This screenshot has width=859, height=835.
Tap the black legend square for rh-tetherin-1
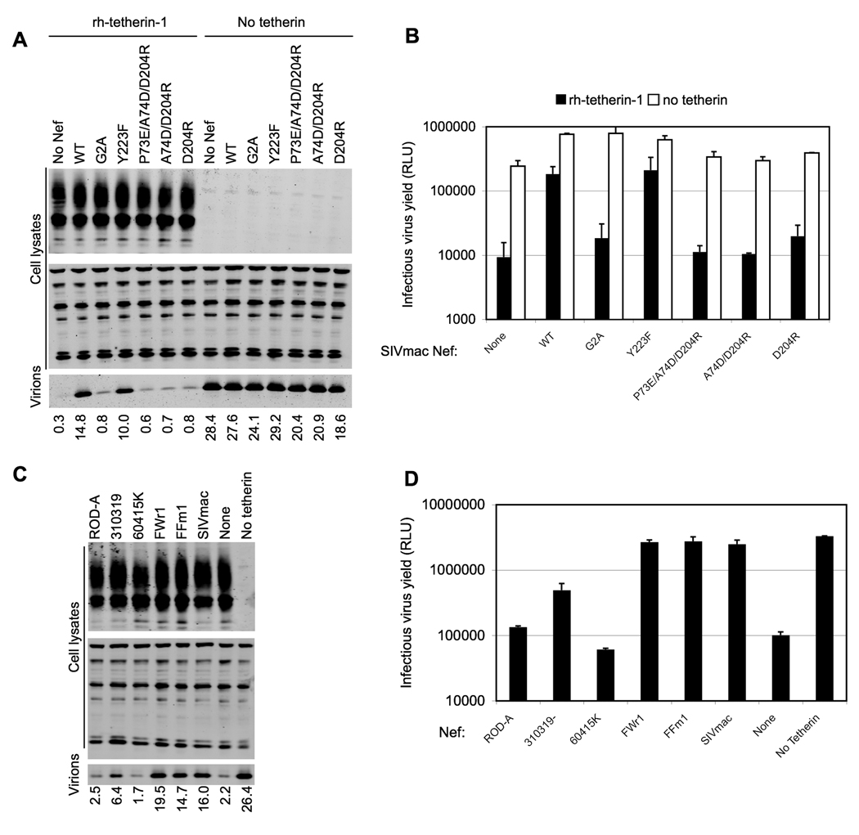tap(561, 101)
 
